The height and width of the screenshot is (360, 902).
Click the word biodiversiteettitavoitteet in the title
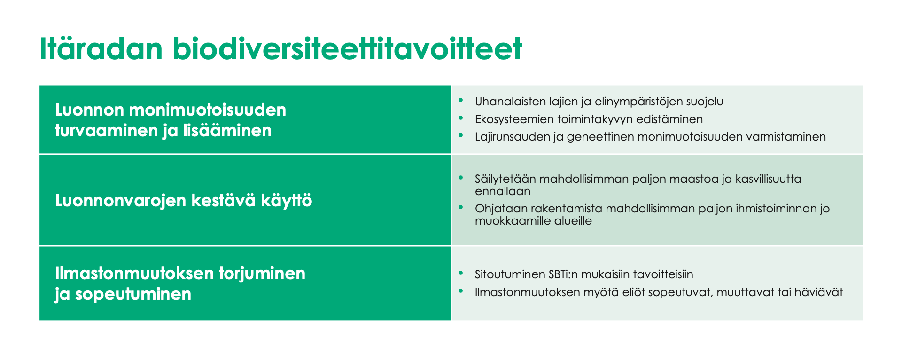pyautogui.click(x=347, y=49)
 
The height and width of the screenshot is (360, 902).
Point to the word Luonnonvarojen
pyautogui.click(x=120, y=201)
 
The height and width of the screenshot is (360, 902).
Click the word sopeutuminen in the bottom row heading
pyautogui.click(x=133, y=294)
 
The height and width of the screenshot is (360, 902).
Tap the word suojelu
pyautogui.click(x=705, y=102)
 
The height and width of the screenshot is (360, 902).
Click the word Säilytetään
pyautogui.click(x=505, y=179)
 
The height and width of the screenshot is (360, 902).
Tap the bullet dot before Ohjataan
pyautogui.click(x=461, y=207)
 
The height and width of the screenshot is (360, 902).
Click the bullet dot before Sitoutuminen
pyautogui.click(x=461, y=273)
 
